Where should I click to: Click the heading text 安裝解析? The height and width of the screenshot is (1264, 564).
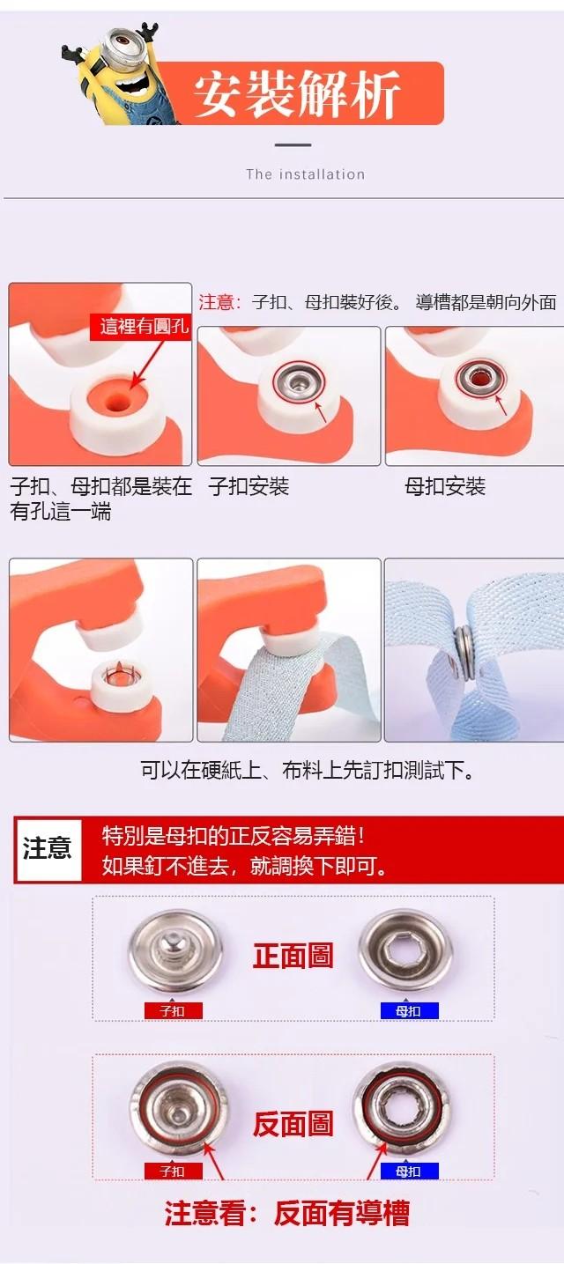(297, 93)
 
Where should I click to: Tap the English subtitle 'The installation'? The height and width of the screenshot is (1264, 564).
(306, 174)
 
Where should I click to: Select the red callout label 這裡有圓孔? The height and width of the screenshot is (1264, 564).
(140, 327)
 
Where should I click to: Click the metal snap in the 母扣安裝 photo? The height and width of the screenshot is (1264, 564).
(480, 374)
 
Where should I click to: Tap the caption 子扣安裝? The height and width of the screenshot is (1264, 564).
(249, 486)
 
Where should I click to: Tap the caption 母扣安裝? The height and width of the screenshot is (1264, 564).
(445, 486)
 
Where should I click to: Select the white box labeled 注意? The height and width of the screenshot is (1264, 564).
(48, 849)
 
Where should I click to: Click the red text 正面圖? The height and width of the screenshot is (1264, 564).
(293, 957)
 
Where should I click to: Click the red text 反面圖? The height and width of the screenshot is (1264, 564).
(293, 1123)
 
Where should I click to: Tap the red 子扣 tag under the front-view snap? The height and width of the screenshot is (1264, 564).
(173, 1010)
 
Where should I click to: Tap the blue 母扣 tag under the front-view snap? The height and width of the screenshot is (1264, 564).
(409, 1010)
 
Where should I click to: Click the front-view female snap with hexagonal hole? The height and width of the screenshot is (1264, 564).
(406, 953)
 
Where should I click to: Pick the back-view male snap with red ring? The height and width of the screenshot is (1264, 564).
(180, 1109)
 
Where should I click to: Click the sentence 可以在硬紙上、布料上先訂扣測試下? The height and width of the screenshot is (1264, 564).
(308, 770)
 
